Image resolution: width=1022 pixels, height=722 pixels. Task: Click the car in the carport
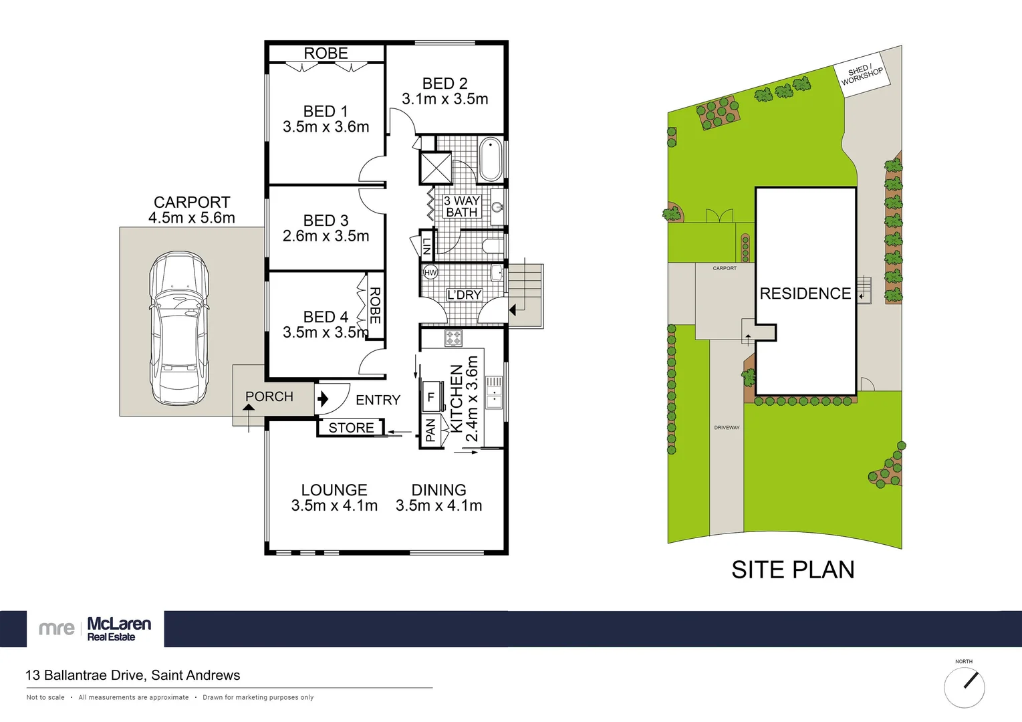pos(178,329)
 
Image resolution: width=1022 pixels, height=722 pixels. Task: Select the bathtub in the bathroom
pos(491,159)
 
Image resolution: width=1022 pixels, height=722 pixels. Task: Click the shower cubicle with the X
pos(435,168)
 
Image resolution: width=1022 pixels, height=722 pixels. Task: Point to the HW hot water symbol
pos(430,272)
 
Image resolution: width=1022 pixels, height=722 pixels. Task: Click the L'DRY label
pos(464,295)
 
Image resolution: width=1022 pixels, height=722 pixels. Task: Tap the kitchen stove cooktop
pos(454,338)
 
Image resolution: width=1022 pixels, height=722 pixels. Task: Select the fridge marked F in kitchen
pos(431,396)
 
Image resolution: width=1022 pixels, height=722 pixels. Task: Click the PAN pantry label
pos(430,430)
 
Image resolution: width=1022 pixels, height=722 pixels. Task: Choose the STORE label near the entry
pos(351,428)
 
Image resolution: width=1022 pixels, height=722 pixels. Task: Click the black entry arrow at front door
pos(323,399)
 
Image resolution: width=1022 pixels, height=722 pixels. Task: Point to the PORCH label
pos(269,396)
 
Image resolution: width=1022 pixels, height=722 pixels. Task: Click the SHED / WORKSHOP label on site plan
pos(862,74)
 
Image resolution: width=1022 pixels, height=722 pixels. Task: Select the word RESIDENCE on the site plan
pos(805,293)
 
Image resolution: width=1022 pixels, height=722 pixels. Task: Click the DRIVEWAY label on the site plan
pos(727,427)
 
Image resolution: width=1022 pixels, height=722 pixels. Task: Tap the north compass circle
pos(964,687)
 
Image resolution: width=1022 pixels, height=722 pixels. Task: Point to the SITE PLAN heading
pos(793,570)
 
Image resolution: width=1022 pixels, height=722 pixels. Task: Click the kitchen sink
pos(493,392)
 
